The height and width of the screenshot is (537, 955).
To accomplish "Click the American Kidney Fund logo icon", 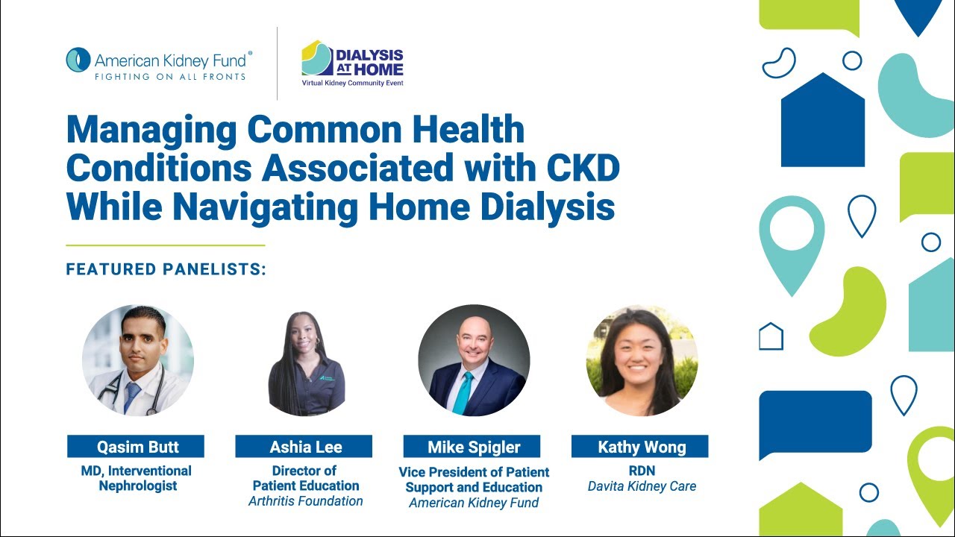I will tap(78, 60).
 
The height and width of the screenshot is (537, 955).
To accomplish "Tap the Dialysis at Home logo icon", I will tap(316, 58).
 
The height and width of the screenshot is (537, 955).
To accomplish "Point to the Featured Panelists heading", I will tap(166, 269).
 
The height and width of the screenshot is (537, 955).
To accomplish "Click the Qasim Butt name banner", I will tap(136, 447).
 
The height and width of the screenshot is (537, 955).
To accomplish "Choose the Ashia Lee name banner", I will tap(304, 447).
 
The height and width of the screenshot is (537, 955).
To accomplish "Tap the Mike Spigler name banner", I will tap(472, 447).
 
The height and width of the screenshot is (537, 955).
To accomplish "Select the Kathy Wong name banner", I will tap(640, 447).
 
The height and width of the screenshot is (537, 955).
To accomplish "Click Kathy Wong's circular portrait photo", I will tap(642, 360).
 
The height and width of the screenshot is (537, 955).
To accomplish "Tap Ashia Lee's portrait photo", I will tap(306, 362).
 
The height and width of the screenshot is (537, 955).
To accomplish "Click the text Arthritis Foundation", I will tap(306, 501).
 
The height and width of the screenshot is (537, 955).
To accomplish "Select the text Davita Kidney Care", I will tap(642, 486).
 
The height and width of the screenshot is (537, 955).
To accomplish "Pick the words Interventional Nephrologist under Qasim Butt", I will tap(136, 478).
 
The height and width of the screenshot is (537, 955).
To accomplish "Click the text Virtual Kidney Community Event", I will tap(353, 84).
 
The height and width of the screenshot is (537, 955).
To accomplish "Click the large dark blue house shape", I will tap(822, 123).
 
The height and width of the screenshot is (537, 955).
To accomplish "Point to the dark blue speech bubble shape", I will tap(815, 421).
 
